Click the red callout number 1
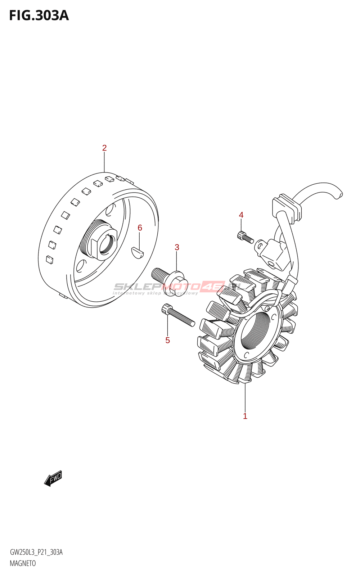pos(245,416)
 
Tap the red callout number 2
pos(104,148)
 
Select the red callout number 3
pos(177,247)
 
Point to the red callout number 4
pos(241,215)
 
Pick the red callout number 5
pos(167,340)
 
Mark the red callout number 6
pos(140,228)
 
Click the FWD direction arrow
pos(53,479)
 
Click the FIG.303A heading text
pos(39,15)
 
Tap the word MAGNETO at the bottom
pos(23,563)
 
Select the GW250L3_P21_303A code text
pos(36,552)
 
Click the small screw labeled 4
pos(245,237)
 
